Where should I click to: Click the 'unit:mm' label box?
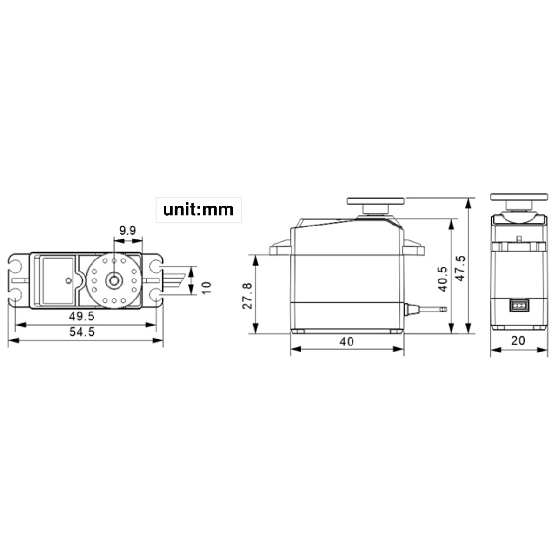click(x=199, y=210)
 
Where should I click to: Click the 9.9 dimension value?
click(x=128, y=231)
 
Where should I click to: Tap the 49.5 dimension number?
click(x=82, y=316)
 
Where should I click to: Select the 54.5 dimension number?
click(x=82, y=332)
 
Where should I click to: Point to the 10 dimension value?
click(x=206, y=288)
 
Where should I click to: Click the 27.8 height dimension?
click(x=247, y=296)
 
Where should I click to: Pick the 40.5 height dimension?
click(x=443, y=279)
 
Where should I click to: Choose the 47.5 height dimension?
click(x=460, y=268)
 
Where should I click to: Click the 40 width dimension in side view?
click(x=346, y=342)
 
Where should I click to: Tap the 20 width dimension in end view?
click(x=518, y=340)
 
